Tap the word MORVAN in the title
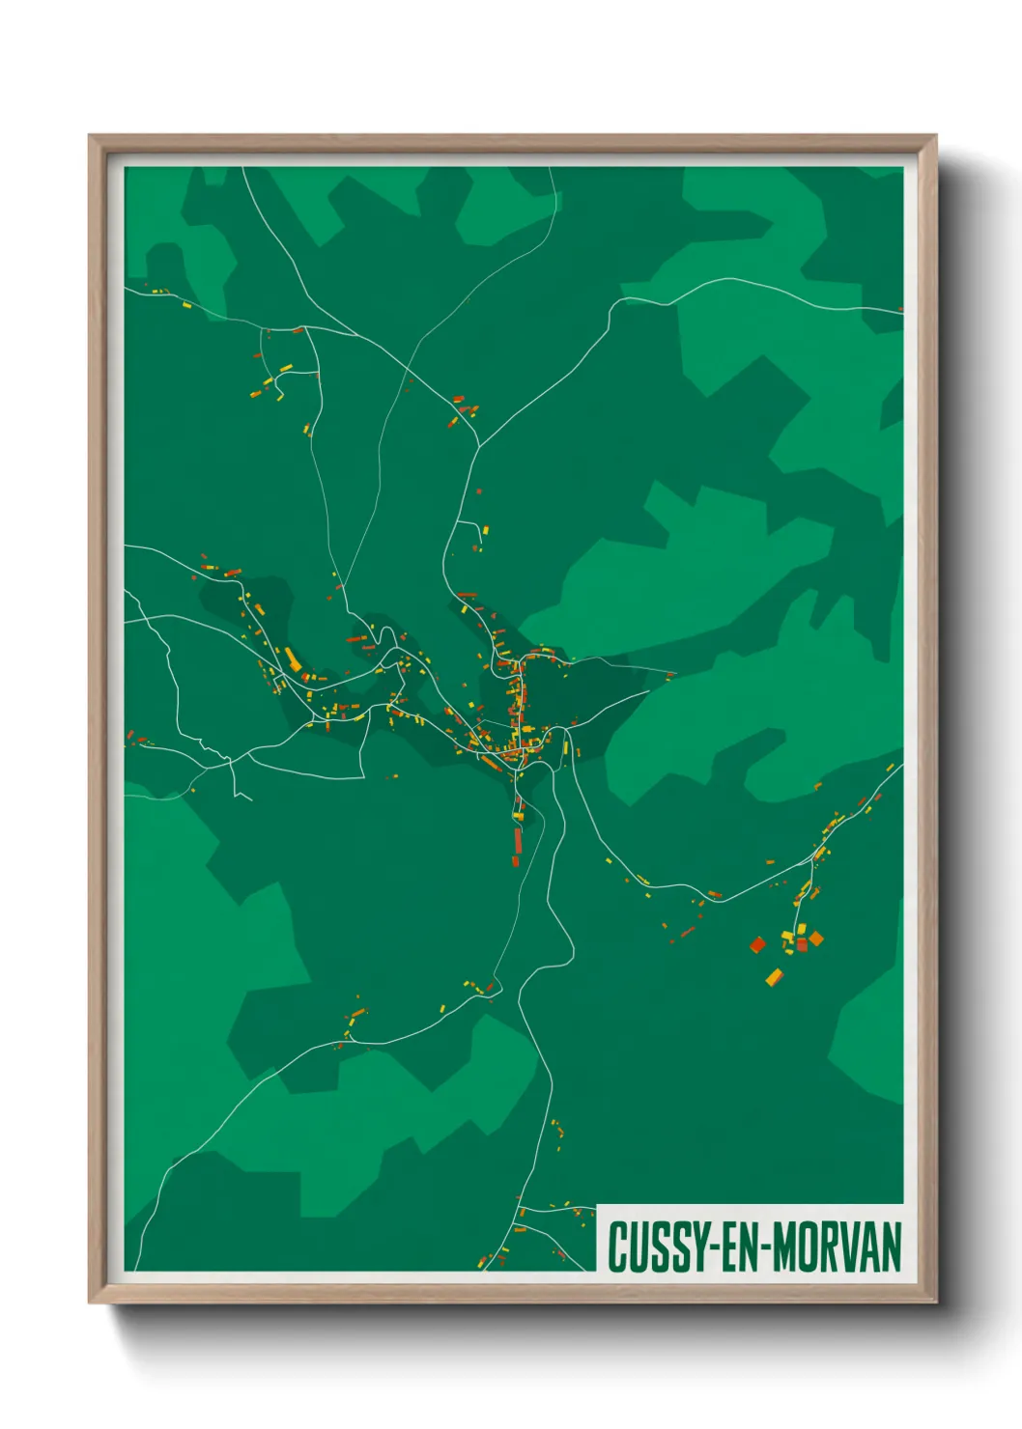click(837, 1247)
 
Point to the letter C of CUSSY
click(616, 1247)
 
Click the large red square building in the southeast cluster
click(757, 943)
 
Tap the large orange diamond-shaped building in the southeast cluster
click(816, 938)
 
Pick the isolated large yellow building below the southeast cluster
click(774, 977)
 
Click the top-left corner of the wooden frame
click(91, 137)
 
